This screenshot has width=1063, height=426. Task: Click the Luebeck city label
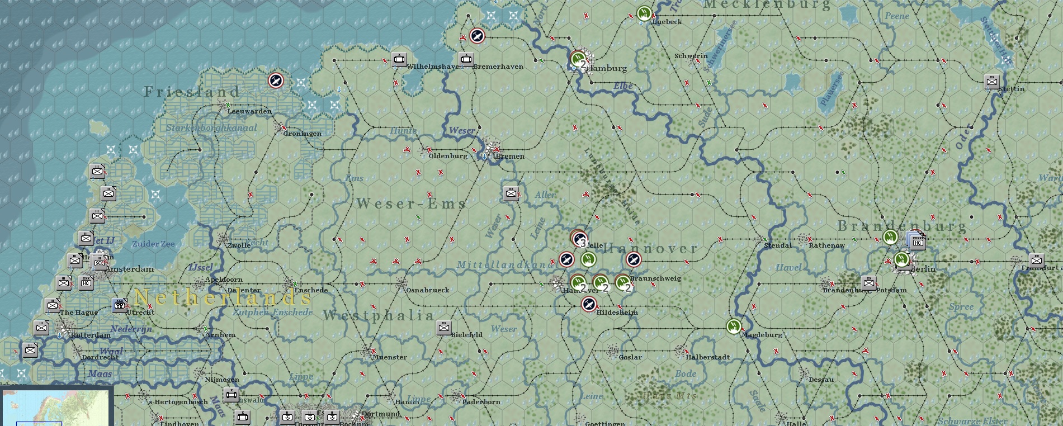pos(667,22)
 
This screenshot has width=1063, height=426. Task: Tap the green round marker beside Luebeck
pos(644,13)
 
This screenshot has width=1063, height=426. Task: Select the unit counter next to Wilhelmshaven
pos(399,59)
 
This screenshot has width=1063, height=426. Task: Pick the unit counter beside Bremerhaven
pos(466,59)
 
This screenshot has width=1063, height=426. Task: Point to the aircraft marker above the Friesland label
pos(276,81)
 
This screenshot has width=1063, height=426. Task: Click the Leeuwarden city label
pos(249,111)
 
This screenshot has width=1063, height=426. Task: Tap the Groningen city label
pos(302,134)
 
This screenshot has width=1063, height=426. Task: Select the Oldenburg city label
pos(447,156)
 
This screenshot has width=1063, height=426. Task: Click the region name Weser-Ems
pos(411,203)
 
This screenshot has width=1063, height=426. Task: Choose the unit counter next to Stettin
pos(991,82)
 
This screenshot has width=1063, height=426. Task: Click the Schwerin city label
pos(691,56)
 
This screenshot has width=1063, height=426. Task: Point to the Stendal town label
pos(778,245)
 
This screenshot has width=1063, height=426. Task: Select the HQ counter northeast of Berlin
pos(917,242)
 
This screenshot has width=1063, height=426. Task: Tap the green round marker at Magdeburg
pos(734,326)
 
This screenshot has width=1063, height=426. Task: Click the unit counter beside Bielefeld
pos(444,328)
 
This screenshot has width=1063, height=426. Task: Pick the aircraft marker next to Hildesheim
pos(589,305)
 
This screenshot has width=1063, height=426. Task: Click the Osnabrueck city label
pos(427,290)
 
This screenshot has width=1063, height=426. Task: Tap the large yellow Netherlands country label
pos(222,297)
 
